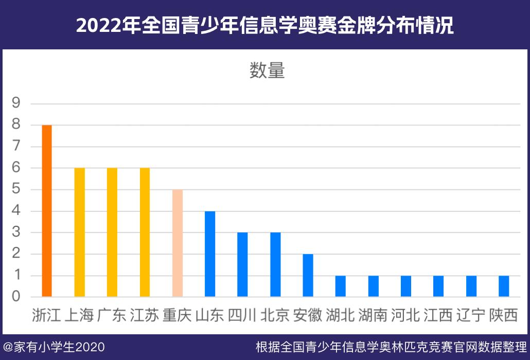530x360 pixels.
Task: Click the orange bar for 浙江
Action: [x=47, y=211]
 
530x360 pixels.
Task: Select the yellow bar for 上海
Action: [x=79, y=232]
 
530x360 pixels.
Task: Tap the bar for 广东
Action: [x=112, y=232]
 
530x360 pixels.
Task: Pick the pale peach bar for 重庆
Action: [x=178, y=243]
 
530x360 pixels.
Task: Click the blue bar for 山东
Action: [x=210, y=254]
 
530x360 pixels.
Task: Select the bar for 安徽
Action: [x=308, y=275]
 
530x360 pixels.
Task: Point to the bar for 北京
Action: [x=275, y=265]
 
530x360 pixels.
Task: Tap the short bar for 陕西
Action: [x=504, y=286]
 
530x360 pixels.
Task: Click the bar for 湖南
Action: [x=373, y=286]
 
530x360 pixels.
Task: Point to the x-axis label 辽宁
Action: [x=471, y=315]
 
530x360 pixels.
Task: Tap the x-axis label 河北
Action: [x=405, y=315]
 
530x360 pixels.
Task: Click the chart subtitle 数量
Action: [x=267, y=71]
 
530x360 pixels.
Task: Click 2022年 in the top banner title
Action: [x=106, y=25]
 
